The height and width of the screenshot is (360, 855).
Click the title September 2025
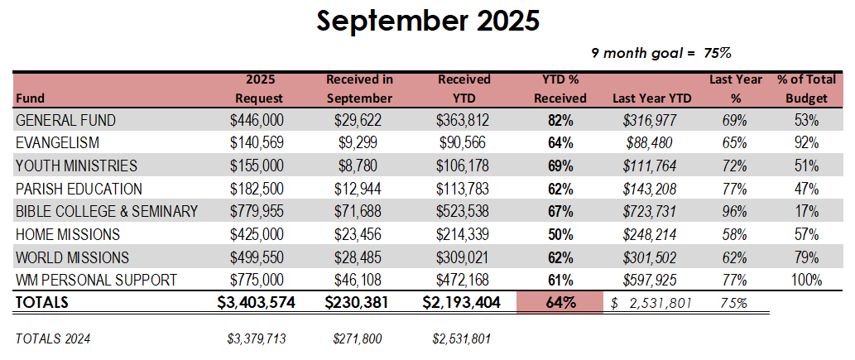[427, 21]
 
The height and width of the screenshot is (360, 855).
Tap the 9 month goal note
[660, 52]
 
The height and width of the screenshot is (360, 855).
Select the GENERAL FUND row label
[65, 120]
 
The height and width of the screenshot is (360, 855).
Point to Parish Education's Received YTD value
[464, 189]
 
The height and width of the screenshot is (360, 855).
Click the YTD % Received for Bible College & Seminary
[560, 211]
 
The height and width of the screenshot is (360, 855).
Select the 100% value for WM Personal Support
[805, 280]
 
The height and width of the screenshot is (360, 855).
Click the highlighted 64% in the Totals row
[560, 303]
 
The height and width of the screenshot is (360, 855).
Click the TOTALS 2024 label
[53, 338]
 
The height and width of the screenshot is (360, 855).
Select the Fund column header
[30, 98]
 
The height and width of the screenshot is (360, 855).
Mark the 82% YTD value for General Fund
[560, 120]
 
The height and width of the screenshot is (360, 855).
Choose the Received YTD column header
[464, 89]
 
